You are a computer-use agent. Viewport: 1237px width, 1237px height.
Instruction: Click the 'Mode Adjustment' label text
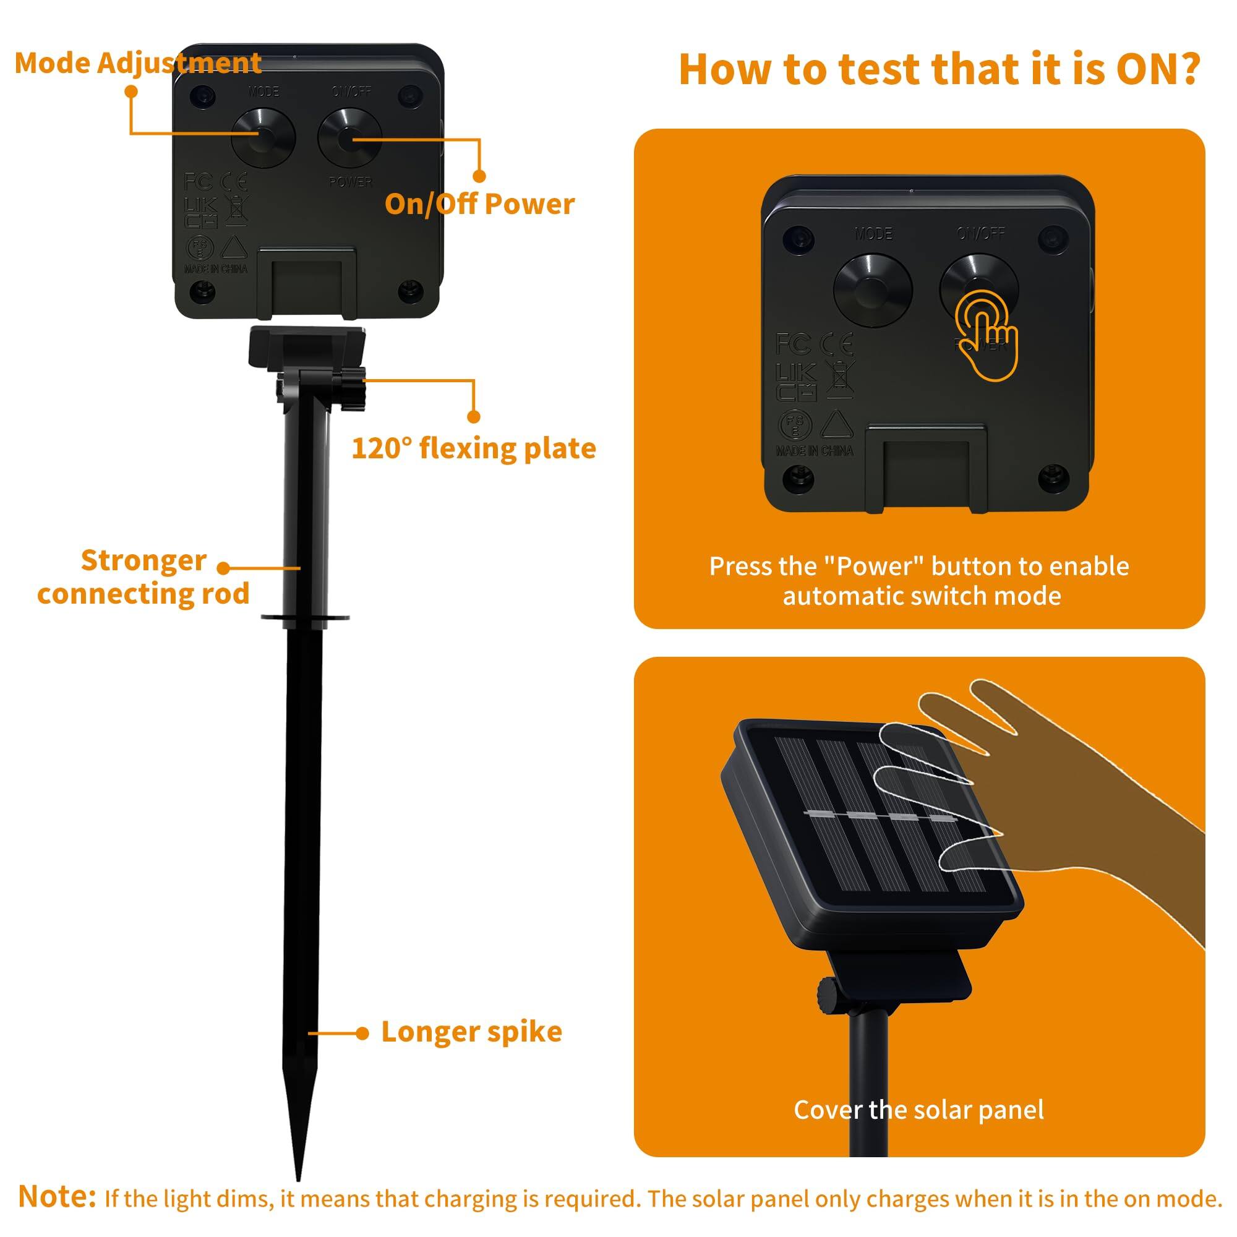coord(138,63)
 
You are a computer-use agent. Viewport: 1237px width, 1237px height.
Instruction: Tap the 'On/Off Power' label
coord(479,204)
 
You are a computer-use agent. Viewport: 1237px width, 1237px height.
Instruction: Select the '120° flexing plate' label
coord(473,448)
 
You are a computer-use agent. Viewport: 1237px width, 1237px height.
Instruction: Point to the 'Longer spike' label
coord(471,1032)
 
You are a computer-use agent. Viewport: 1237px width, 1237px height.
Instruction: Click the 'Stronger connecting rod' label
coord(143,577)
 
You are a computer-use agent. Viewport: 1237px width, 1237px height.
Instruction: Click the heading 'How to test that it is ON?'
coord(939,69)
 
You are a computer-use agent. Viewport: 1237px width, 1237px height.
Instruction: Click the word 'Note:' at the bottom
coord(57,1196)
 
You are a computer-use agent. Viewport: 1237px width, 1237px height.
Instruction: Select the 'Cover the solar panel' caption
coord(919,1110)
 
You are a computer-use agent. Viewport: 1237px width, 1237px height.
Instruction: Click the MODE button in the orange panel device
coord(872,289)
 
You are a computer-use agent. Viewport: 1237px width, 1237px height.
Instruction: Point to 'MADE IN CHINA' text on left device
coord(216,269)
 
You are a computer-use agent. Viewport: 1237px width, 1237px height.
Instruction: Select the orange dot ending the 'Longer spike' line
coord(362,1034)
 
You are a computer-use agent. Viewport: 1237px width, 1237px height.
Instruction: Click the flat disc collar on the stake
coord(305,618)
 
